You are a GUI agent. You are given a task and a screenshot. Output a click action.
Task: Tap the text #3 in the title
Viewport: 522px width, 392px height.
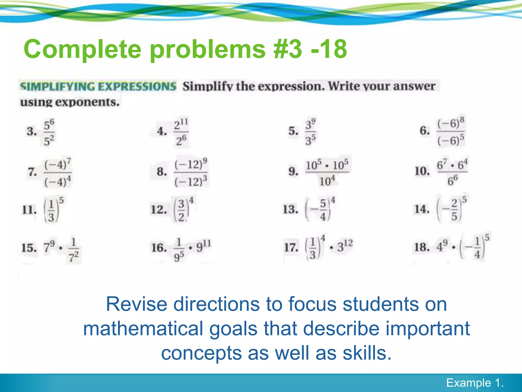click(287, 49)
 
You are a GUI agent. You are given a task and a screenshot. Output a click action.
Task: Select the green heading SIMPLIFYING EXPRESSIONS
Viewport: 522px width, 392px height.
click(98, 86)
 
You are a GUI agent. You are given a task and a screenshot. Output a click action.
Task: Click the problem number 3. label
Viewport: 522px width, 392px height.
click(32, 131)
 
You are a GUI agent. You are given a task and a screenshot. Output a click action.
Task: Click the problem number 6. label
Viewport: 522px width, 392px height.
click(425, 131)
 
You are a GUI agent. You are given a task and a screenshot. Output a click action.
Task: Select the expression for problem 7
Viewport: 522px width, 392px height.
click(58, 173)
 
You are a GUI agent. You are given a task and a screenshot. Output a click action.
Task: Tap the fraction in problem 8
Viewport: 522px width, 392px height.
click(191, 173)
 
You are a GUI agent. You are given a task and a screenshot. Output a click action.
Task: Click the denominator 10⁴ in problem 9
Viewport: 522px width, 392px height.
click(327, 181)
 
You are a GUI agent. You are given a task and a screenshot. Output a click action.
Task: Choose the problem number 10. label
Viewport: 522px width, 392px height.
click(422, 171)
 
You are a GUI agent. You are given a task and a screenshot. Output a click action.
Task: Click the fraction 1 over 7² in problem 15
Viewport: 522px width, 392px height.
click(73, 250)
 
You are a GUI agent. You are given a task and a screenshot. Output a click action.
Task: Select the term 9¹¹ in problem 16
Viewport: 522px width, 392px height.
click(203, 247)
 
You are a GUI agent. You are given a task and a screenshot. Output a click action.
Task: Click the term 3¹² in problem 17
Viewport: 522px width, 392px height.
click(345, 247)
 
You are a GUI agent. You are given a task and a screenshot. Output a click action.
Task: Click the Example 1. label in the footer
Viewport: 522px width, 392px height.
click(475, 383)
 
